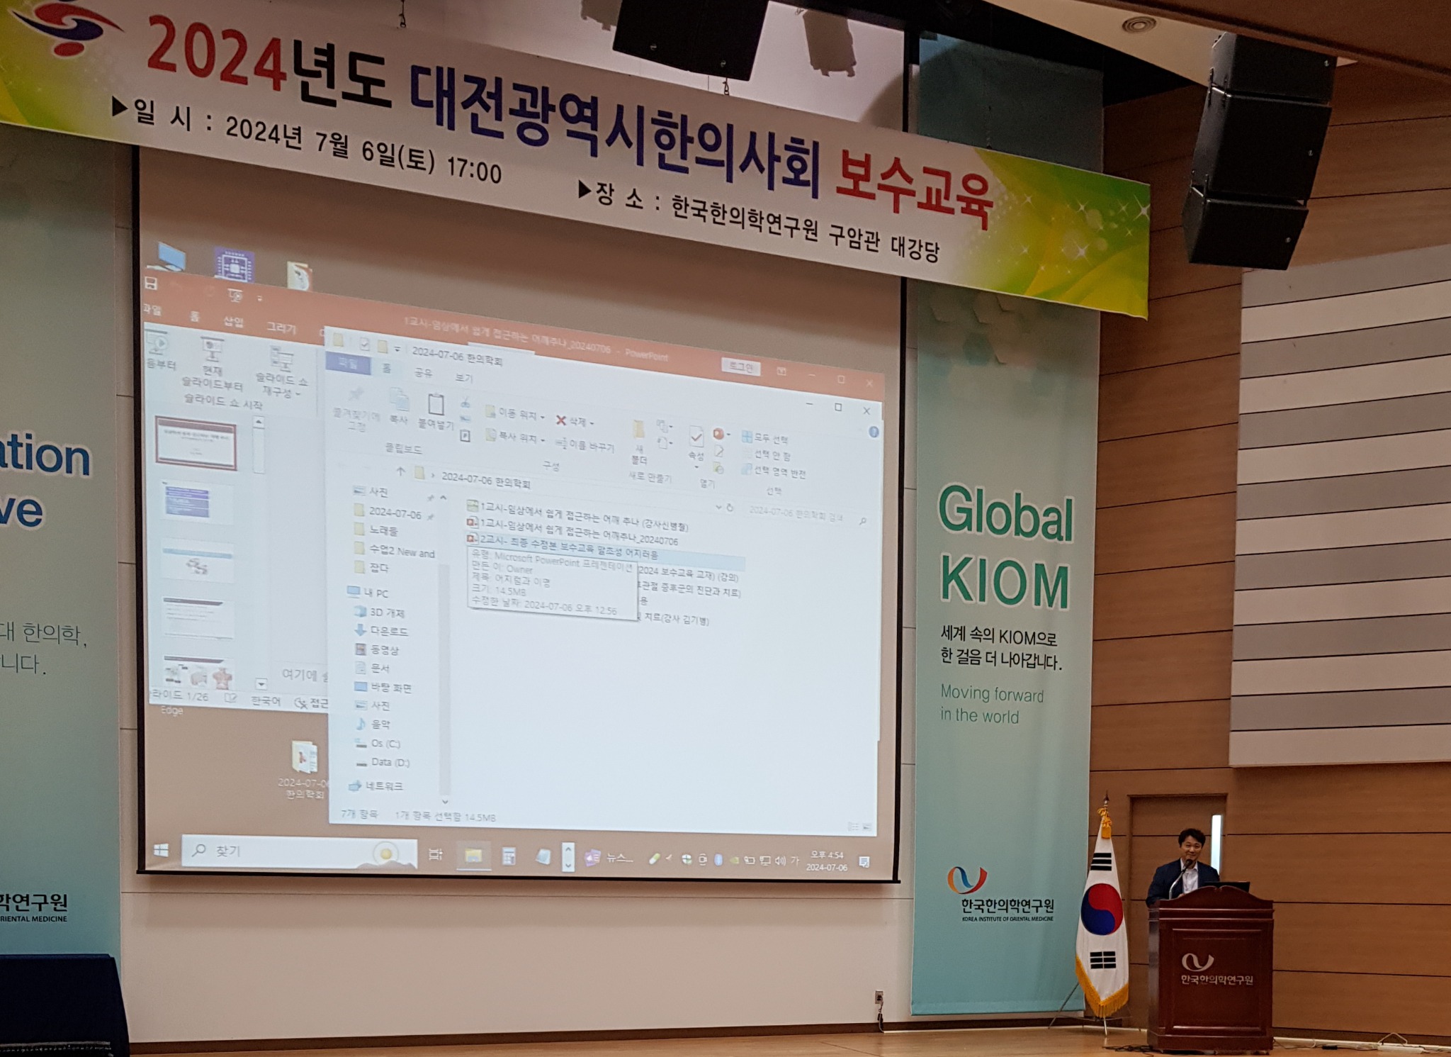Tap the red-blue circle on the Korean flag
coord(1100,910)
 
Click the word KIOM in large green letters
coord(1005,584)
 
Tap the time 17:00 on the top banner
coord(473,170)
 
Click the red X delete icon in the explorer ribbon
coord(560,420)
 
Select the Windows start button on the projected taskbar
coord(162,850)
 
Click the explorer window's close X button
coord(866,410)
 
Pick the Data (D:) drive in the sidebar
coord(390,763)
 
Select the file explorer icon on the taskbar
coord(473,856)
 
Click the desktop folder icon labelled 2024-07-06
coord(305,759)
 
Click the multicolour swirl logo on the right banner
coord(966,879)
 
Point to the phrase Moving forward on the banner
coord(991,694)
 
